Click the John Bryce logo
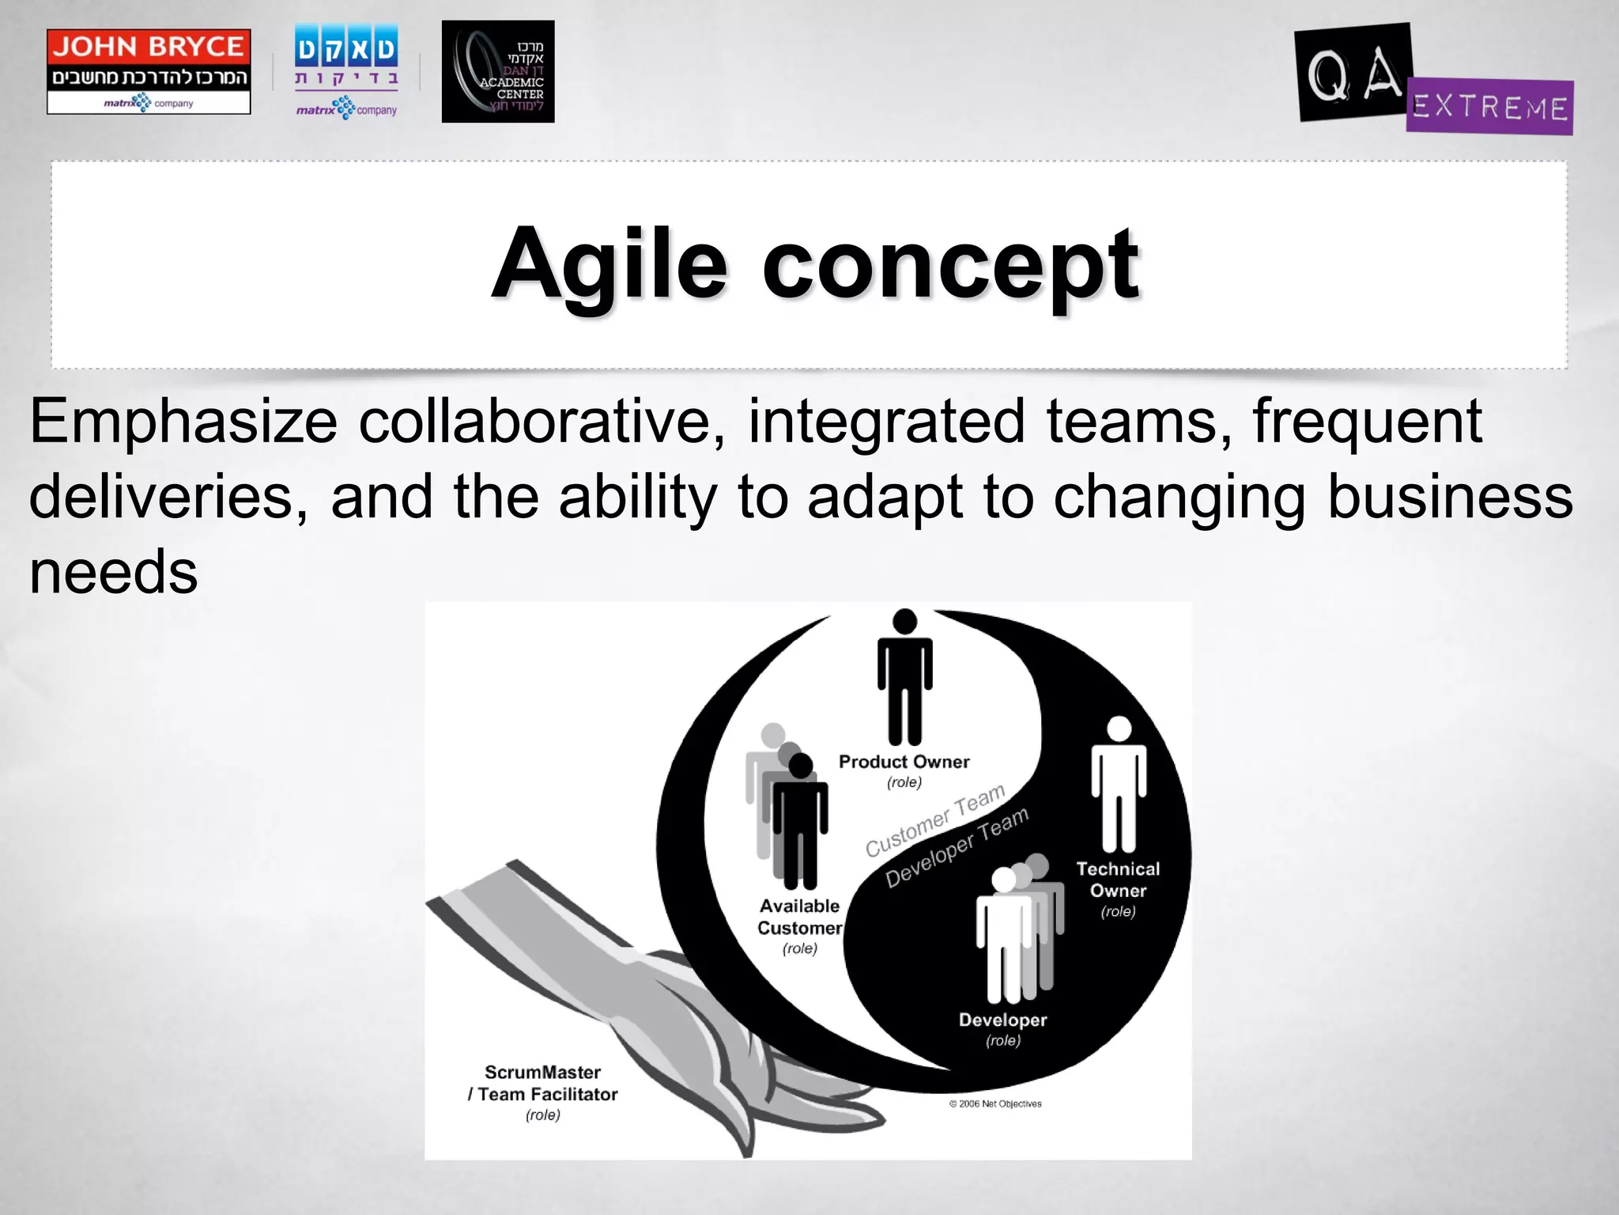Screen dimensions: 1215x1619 149,71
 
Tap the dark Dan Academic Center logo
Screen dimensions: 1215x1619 498,71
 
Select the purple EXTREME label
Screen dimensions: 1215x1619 1490,107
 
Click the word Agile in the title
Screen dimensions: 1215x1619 609,265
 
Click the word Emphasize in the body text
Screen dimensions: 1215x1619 183,422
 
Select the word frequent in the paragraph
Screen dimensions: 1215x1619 1367,422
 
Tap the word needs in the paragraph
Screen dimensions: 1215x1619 113,572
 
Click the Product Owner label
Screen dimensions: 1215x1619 904,763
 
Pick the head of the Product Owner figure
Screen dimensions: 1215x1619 904,621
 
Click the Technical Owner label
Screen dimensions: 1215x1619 1118,880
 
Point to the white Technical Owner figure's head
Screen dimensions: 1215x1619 1119,729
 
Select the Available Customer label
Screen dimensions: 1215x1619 799,917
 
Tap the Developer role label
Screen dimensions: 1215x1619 1002,1020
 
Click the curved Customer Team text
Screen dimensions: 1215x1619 934,821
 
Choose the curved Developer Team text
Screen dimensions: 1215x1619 957,847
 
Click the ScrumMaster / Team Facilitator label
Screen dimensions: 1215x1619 542,1084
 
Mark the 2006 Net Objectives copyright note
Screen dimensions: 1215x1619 995,1104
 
